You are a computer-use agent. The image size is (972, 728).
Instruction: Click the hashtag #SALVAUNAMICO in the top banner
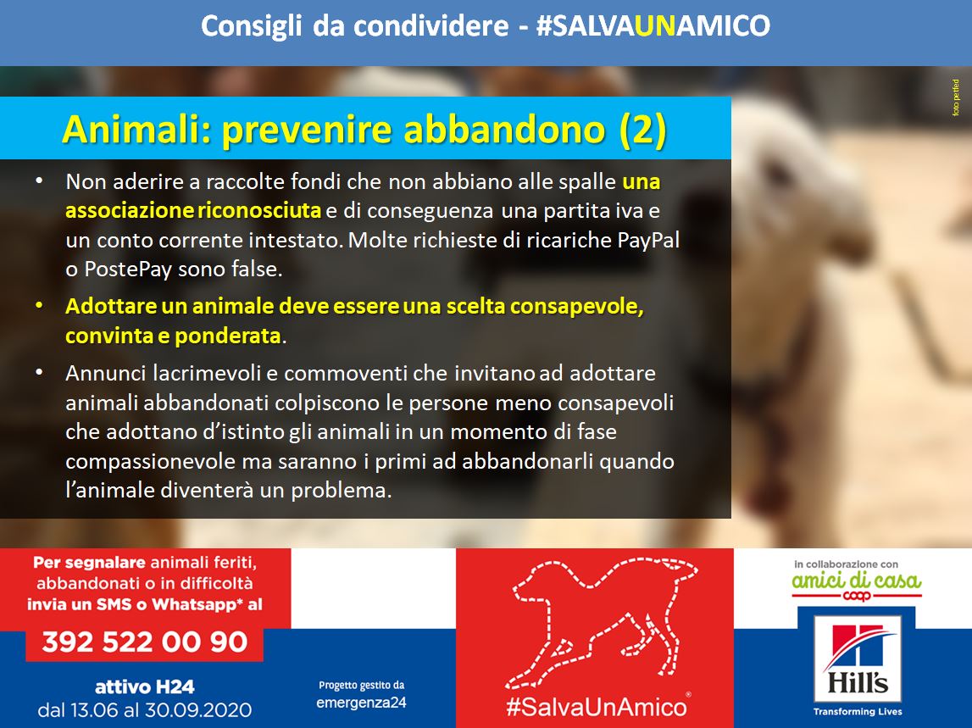pyautogui.click(x=653, y=26)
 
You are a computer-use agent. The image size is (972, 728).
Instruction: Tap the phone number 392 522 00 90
pyautogui.click(x=145, y=642)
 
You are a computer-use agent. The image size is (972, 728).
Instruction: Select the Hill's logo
pyautogui.click(x=858, y=659)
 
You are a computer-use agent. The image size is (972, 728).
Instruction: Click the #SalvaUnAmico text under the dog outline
pyautogui.click(x=597, y=707)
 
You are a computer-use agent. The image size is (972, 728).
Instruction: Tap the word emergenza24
pyautogui.click(x=361, y=703)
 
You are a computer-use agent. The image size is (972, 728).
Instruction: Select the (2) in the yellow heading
pyautogui.click(x=643, y=129)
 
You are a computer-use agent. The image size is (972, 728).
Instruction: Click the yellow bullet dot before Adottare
pyautogui.click(x=39, y=305)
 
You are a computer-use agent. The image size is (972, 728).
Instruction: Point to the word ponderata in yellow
pyautogui.click(x=227, y=336)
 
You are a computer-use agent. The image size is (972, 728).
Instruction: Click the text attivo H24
pyautogui.click(x=145, y=687)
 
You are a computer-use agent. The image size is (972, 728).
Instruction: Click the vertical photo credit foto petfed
pyautogui.click(x=956, y=97)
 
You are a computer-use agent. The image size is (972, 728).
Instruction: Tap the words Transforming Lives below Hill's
pyautogui.click(x=858, y=712)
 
